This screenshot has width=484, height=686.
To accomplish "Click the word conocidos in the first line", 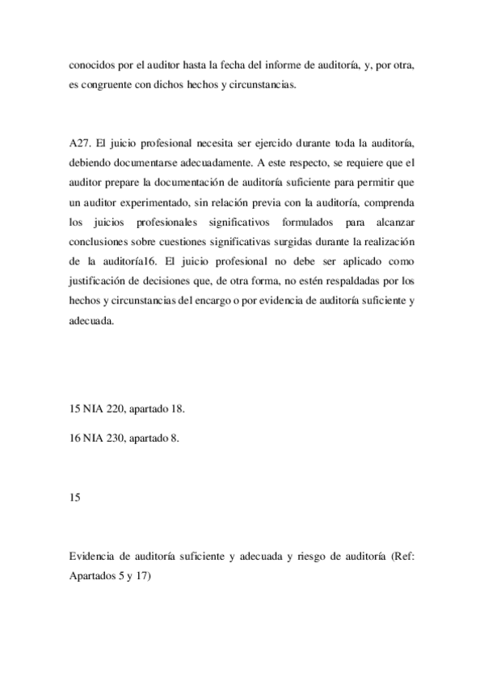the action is [92, 63].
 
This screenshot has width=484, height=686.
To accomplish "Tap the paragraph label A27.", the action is [81, 143].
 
